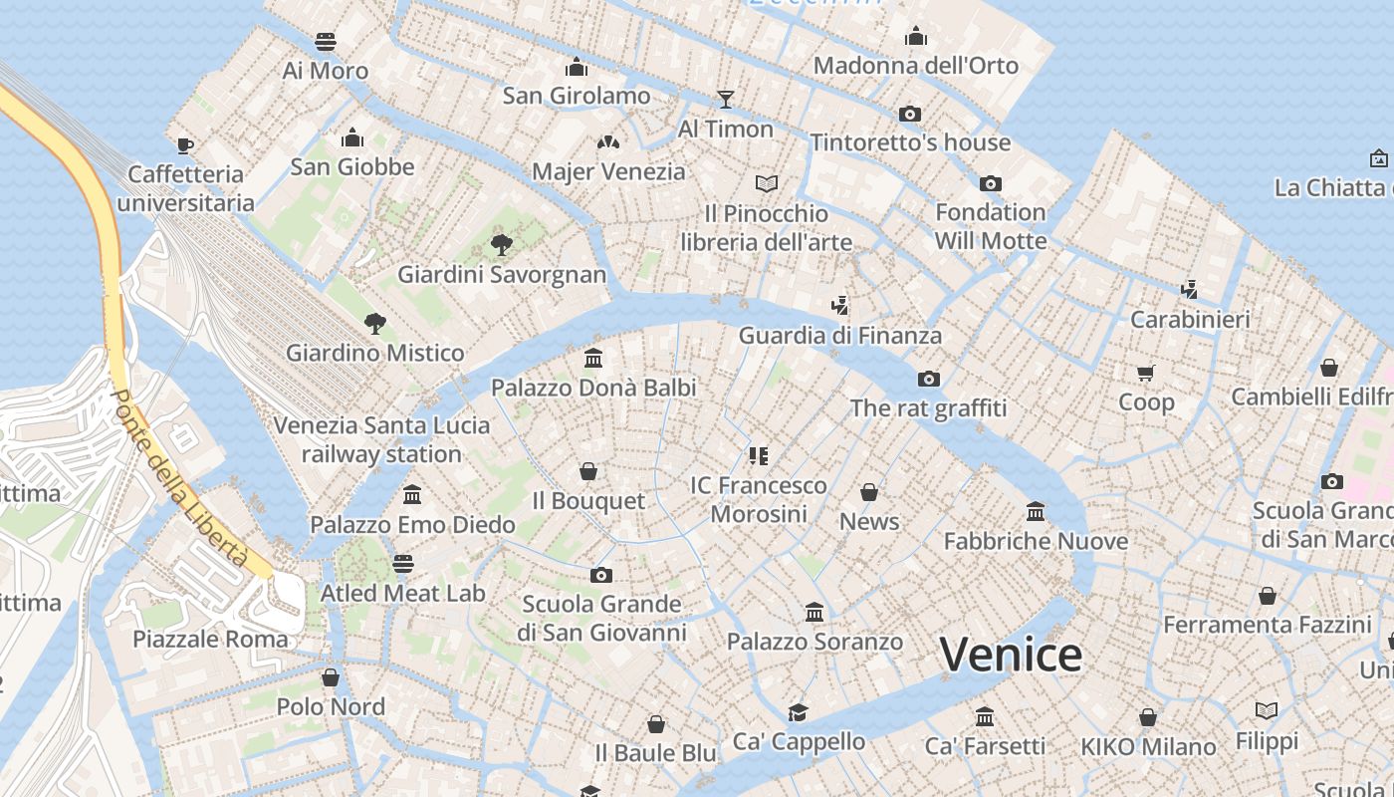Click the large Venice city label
1011,655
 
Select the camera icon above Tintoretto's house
910,114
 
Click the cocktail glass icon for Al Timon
726,99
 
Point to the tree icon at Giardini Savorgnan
502,244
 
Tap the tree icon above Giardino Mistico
374,323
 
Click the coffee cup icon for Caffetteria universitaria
185,145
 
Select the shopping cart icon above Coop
1146,373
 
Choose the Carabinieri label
1190,320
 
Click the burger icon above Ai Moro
326,42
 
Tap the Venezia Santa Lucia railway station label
381,439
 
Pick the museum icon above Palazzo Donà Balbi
593,358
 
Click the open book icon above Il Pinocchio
766,183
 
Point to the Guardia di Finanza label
839,336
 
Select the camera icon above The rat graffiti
929,379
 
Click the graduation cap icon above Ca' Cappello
799,711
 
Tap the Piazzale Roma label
210,639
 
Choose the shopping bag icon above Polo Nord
331,677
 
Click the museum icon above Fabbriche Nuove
1036,511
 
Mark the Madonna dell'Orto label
916,66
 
